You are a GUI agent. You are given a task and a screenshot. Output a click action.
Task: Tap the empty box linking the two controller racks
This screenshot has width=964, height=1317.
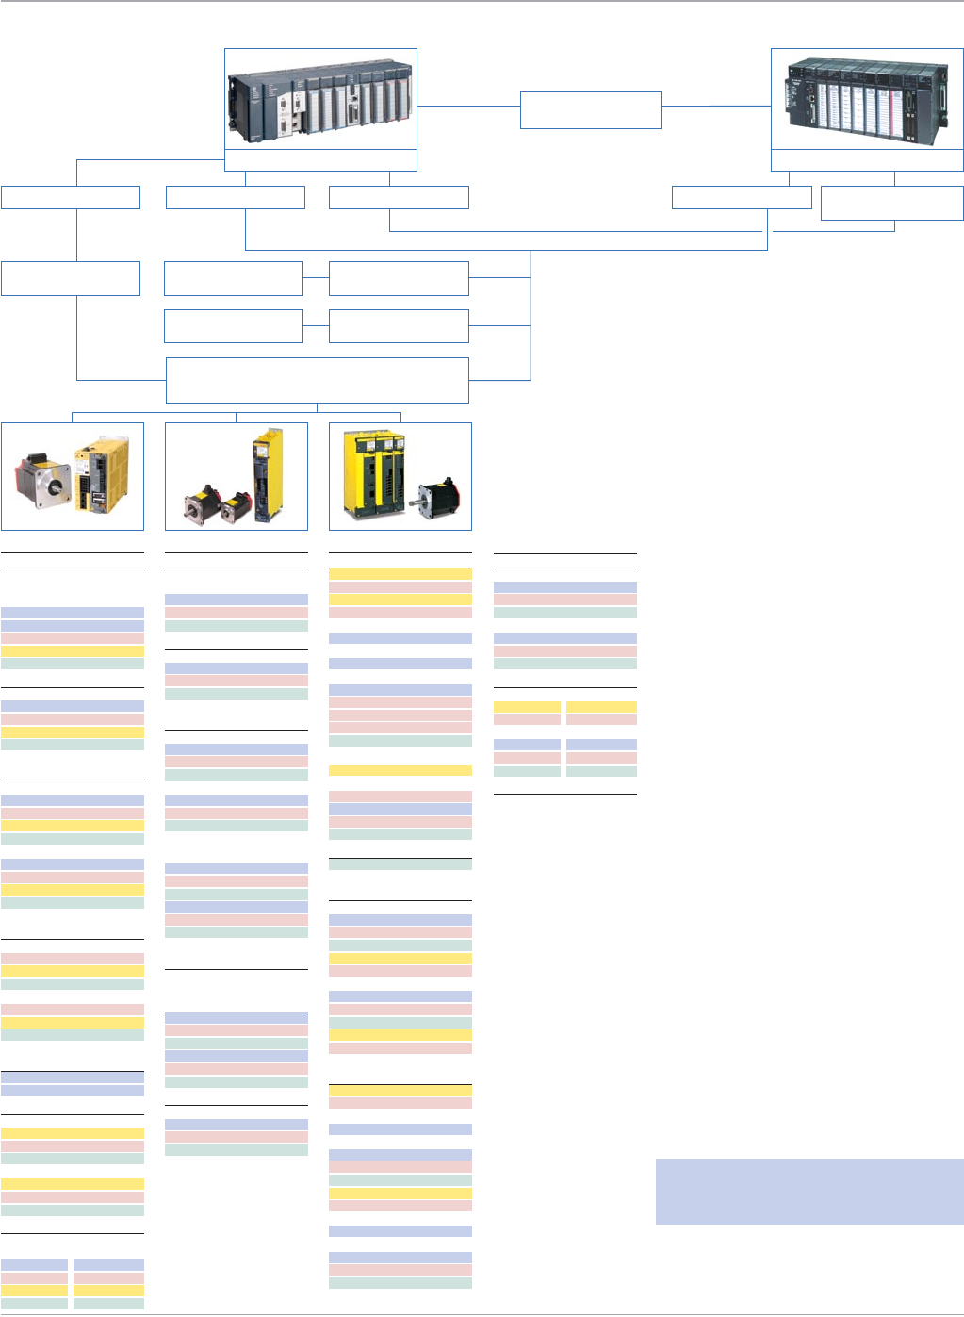pyautogui.click(x=590, y=110)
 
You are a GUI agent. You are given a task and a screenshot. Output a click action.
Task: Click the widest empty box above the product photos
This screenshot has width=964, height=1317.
pyautogui.click(x=317, y=381)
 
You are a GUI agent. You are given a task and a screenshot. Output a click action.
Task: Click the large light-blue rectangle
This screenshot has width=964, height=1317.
pyautogui.click(x=809, y=1192)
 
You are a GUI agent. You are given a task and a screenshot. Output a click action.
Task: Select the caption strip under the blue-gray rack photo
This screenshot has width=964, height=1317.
pyautogui.click(x=320, y=160)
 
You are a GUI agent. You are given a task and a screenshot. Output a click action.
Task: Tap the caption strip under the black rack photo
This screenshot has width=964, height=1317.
pyautogui.click(x=867, y=160)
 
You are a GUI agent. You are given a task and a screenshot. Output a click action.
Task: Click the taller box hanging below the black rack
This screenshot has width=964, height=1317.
pyautogui.click(x=891, y=203)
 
